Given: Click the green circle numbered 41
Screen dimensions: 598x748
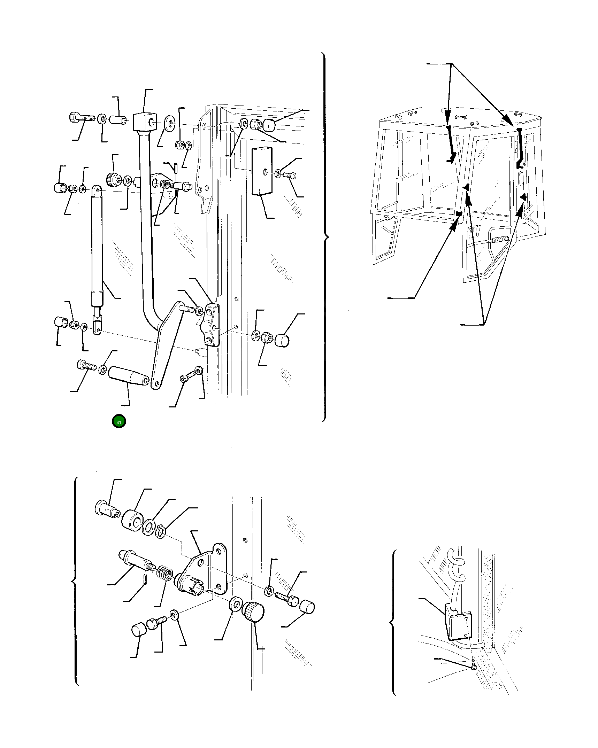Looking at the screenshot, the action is point(119,422).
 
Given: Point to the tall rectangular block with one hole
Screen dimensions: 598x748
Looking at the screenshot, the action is point(262,170).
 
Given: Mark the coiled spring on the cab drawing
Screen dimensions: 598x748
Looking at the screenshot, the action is point(501,240).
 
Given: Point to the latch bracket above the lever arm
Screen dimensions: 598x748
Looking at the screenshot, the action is point(211,325).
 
